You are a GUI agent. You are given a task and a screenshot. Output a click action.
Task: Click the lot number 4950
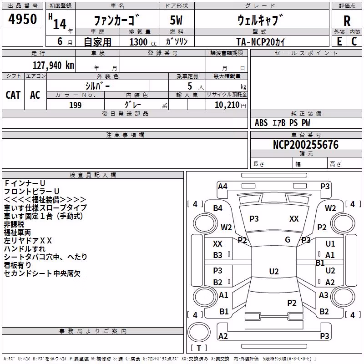coord(22,19)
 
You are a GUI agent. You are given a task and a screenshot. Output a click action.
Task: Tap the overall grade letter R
coord(347,21)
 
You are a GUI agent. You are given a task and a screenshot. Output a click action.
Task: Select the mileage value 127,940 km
coord(53,66)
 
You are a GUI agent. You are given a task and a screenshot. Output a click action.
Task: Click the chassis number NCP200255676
coord(306,145)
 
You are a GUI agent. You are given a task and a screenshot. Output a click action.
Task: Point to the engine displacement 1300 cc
coord(143,42)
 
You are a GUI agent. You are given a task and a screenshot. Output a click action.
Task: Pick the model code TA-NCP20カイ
coord(260,42)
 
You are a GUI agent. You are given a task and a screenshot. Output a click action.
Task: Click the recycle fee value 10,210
coord(227,105)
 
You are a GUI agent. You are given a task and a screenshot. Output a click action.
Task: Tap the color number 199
coord(75,105)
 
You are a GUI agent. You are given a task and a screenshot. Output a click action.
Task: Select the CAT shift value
coord(13,95)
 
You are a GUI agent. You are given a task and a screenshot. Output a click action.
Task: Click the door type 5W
coord(176,20)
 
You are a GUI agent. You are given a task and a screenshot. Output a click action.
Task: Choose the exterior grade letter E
coord(339,41)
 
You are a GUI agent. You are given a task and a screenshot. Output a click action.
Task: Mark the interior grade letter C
coord(354,41)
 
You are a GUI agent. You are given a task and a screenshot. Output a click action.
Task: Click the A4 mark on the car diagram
coord(222,187)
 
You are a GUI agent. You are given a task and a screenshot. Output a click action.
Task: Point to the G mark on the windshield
coord(288,240)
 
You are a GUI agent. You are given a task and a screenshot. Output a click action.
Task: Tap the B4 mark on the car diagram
coord(218,208)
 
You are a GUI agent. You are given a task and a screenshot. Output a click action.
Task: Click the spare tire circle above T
coord(199,333)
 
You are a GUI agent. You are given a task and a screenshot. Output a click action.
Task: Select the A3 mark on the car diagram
coord(324,295)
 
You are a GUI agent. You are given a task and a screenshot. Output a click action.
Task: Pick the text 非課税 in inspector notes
coord(14,224)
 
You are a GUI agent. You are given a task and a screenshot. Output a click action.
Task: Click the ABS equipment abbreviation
coord(261,123)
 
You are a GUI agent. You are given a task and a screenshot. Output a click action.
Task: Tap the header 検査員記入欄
coord(93,175)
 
